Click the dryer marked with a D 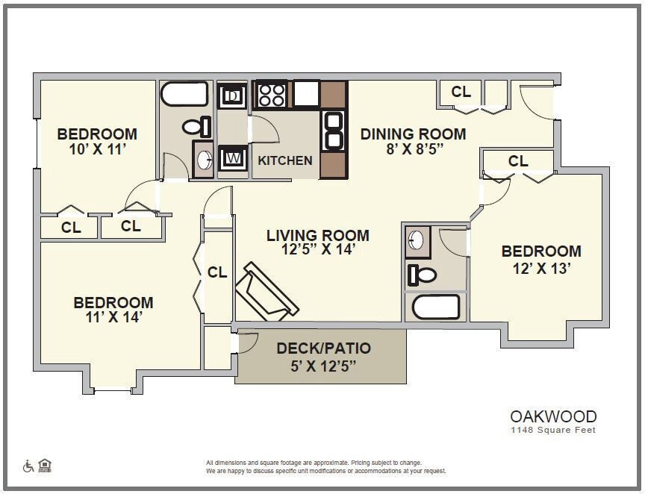click(233, 96)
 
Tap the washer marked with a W click(233, 157)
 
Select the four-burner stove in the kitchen click(271, 95)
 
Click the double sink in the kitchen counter click(334, 131)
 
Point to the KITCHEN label click(285, 160)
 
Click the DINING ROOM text click(413, 134)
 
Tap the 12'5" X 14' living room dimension click(318, 250)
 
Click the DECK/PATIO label click(323, 348)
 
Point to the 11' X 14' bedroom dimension click(113, 316)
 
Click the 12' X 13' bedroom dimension click(541, 268)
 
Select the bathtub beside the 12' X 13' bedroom click(435, 307)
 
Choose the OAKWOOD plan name click(553, 416)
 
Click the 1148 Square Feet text click(553, 430)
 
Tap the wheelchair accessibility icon click(28, 466)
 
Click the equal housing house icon click(45, 466)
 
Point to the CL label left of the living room click(217, 272)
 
